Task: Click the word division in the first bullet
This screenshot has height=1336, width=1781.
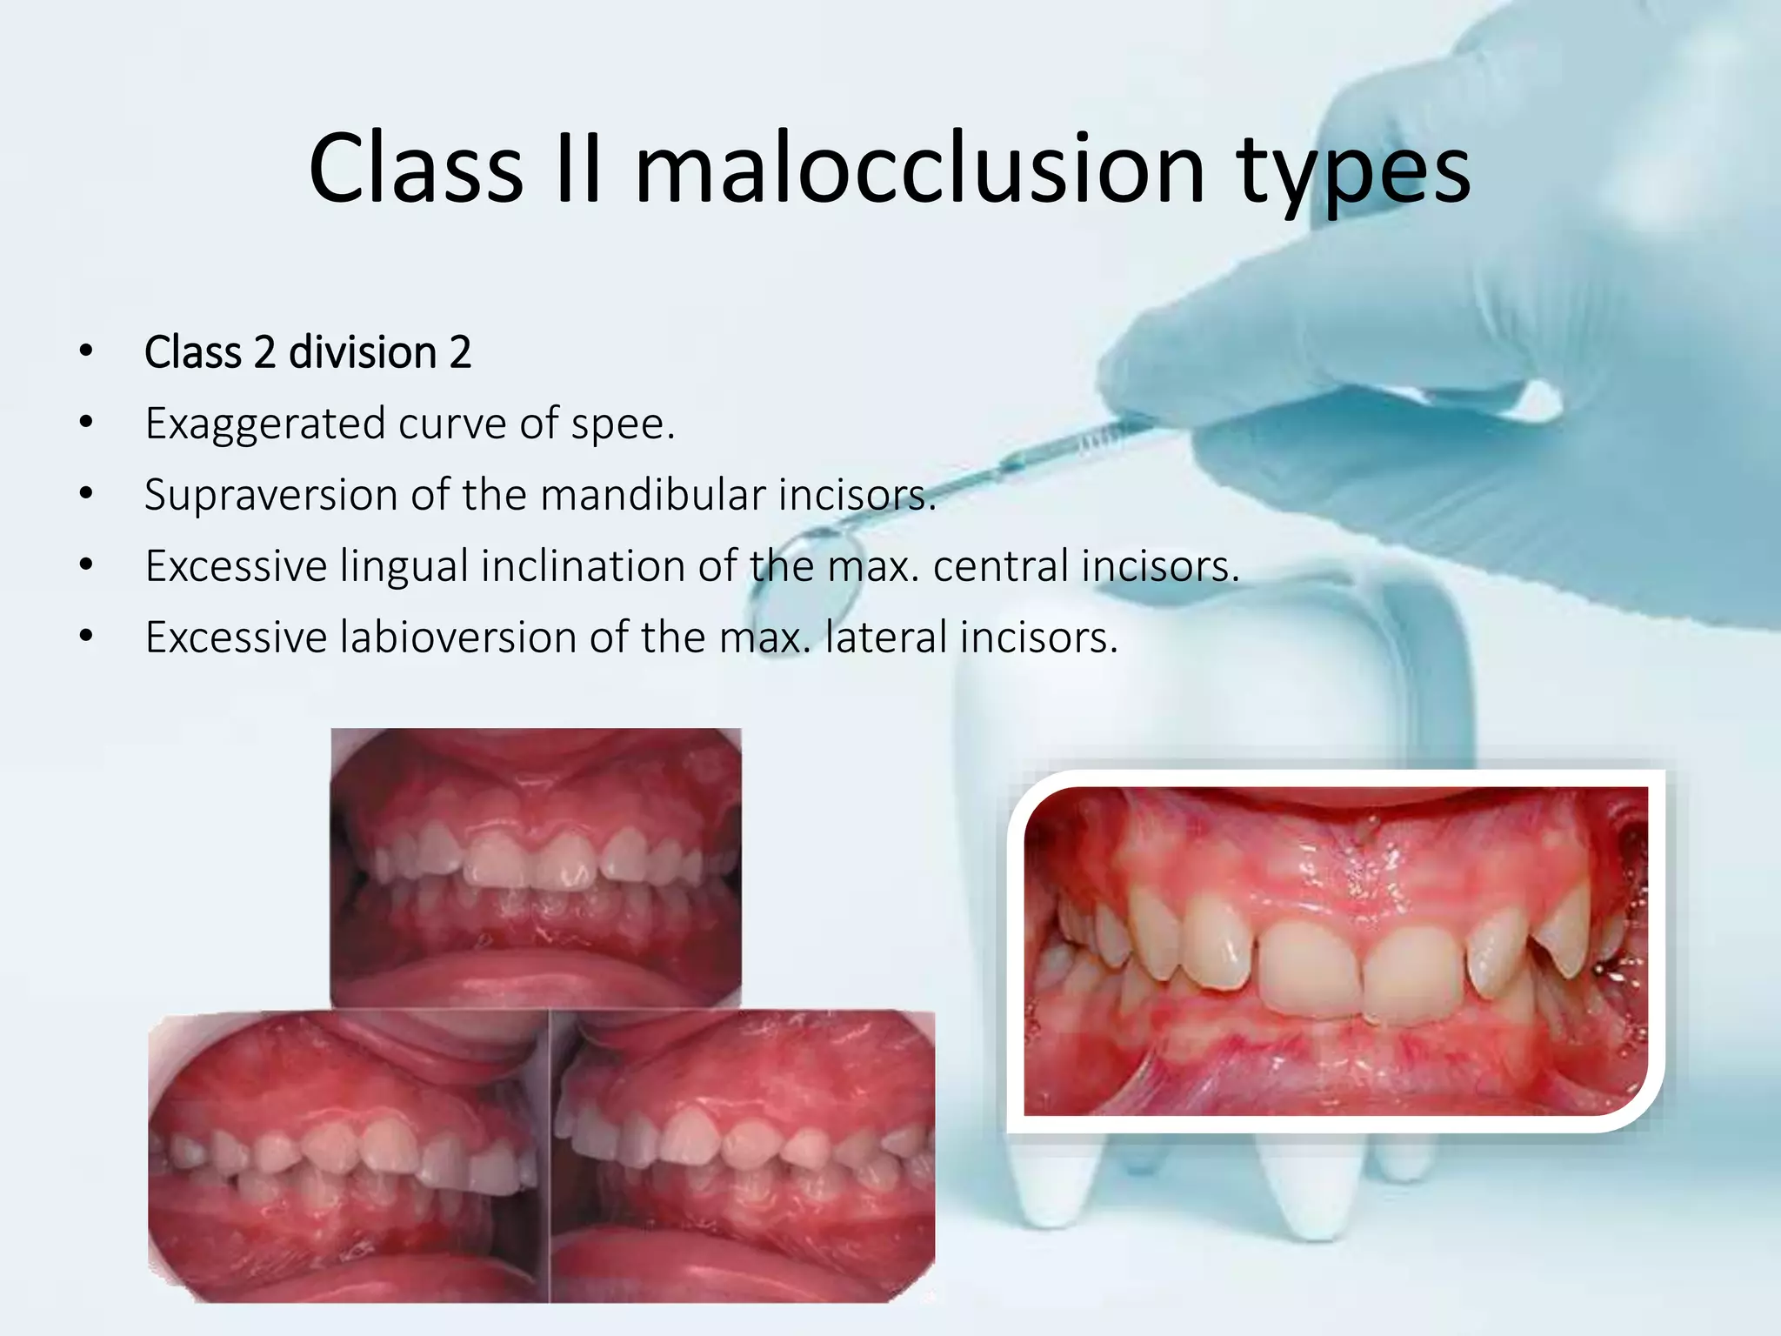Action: pos(362,352)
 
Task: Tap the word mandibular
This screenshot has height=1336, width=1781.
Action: pos(652,495)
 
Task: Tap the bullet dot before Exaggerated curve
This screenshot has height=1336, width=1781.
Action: pos(85,424)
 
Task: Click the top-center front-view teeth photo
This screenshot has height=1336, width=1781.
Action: pos(536,867)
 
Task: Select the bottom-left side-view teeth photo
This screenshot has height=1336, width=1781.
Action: pos(348,1157)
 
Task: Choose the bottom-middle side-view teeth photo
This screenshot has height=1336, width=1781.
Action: pos(744,1157)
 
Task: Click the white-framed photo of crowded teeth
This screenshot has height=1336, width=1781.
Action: pos(1335,951)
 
